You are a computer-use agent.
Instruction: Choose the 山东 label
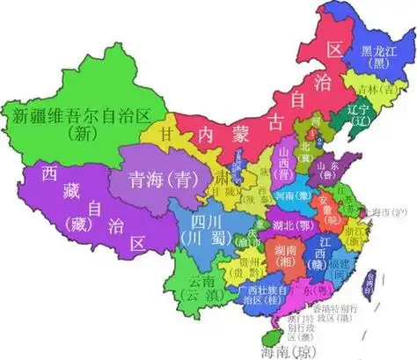[x=328, y=165]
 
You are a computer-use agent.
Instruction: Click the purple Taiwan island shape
[x=372, y=283]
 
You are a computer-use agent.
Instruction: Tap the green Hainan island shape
[x=264, y=335]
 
